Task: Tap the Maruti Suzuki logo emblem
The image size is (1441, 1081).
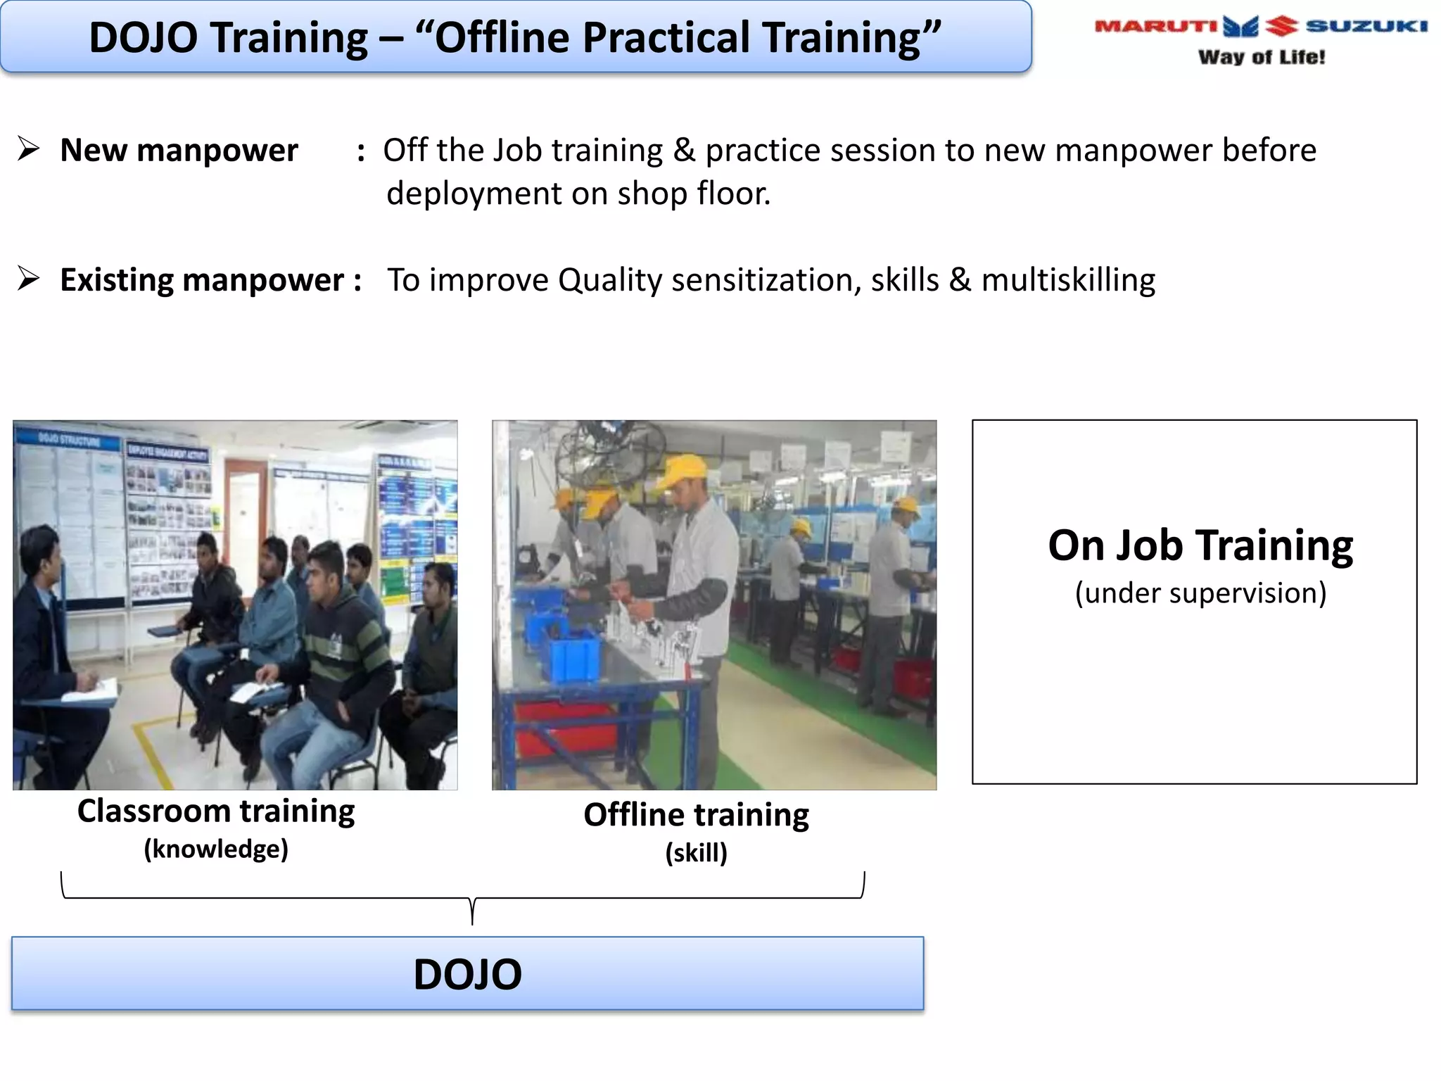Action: tap(1260, 26)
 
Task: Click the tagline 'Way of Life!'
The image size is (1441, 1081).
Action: tap(1261, 57)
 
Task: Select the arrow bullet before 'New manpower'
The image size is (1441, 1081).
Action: tap(28, 149)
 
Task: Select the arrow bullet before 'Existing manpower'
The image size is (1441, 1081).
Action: tap(28, 279)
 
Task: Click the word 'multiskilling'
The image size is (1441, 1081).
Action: tap(1067, 280)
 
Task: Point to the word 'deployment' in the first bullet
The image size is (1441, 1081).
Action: tap(473, 194)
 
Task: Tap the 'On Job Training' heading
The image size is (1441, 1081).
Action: tap(1200, 545)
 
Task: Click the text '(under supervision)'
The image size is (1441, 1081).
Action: tap(1200, 593)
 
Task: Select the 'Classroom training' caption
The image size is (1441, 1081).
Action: tap(215, 811)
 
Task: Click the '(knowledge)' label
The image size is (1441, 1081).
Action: tap(215, 849)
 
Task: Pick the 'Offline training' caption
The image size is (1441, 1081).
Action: tap(695, 815)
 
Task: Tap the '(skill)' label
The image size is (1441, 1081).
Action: tap(695, 852)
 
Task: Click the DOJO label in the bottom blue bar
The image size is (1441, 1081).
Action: tap(467, 974)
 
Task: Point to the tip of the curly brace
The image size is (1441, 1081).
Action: tap(472, 923)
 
